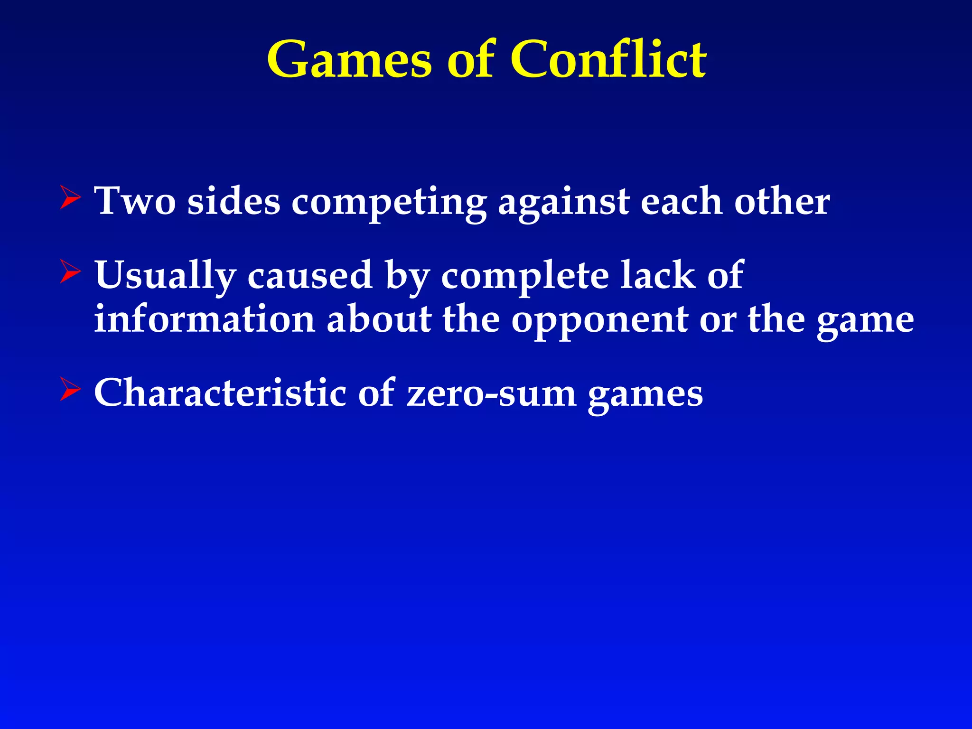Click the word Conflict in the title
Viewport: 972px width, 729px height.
coord(608,59)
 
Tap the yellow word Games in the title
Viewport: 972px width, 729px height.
coord(350,60)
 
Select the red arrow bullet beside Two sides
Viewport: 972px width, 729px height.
coord(70,198)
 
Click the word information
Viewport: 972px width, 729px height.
coord(205,319)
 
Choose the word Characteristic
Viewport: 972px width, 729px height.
coord(220,393)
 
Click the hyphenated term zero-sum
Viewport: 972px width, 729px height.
coord(491,393)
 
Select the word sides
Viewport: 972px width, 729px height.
coord(234,201)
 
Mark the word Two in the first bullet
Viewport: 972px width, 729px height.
coord(135,201)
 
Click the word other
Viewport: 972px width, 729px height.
coord(782,201)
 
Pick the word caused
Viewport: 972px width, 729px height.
coord(309,275)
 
